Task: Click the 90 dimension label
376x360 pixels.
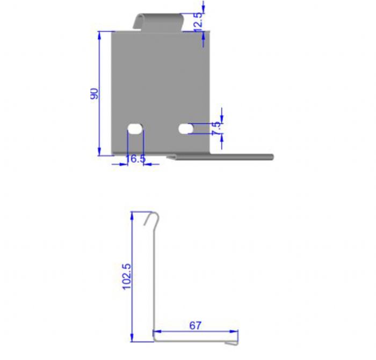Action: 95,94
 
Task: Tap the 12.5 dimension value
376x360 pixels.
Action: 198,23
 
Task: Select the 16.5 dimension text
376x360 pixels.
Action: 135,159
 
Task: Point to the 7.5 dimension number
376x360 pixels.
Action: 216,128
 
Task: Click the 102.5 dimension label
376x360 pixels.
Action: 127,277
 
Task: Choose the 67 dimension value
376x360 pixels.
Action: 195,326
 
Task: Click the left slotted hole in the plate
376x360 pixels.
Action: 135,129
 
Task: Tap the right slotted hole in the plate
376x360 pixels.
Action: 186,129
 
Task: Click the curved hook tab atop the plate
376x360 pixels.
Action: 158,21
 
